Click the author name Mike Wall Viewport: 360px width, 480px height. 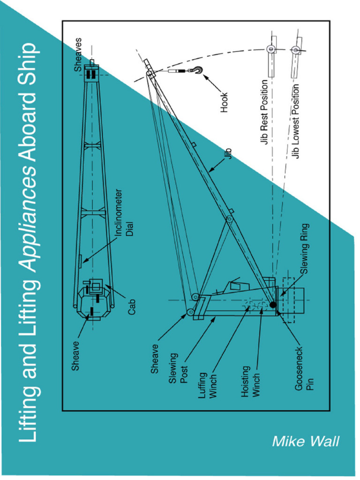click(x=305, y=441)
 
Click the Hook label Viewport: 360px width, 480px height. click(x=224, y=102)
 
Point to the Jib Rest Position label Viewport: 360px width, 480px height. click(x=266, y=112)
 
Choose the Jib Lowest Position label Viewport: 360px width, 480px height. click(x=296, y=121)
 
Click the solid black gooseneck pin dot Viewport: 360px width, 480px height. click(x=273, y=305)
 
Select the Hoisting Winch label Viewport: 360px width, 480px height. click(x=251, y=381)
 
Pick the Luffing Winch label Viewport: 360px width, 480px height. click(x=208, y=385)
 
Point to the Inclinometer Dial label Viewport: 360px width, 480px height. click(x=124, y=212)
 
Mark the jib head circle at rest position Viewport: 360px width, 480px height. click(x=271, y=49)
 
